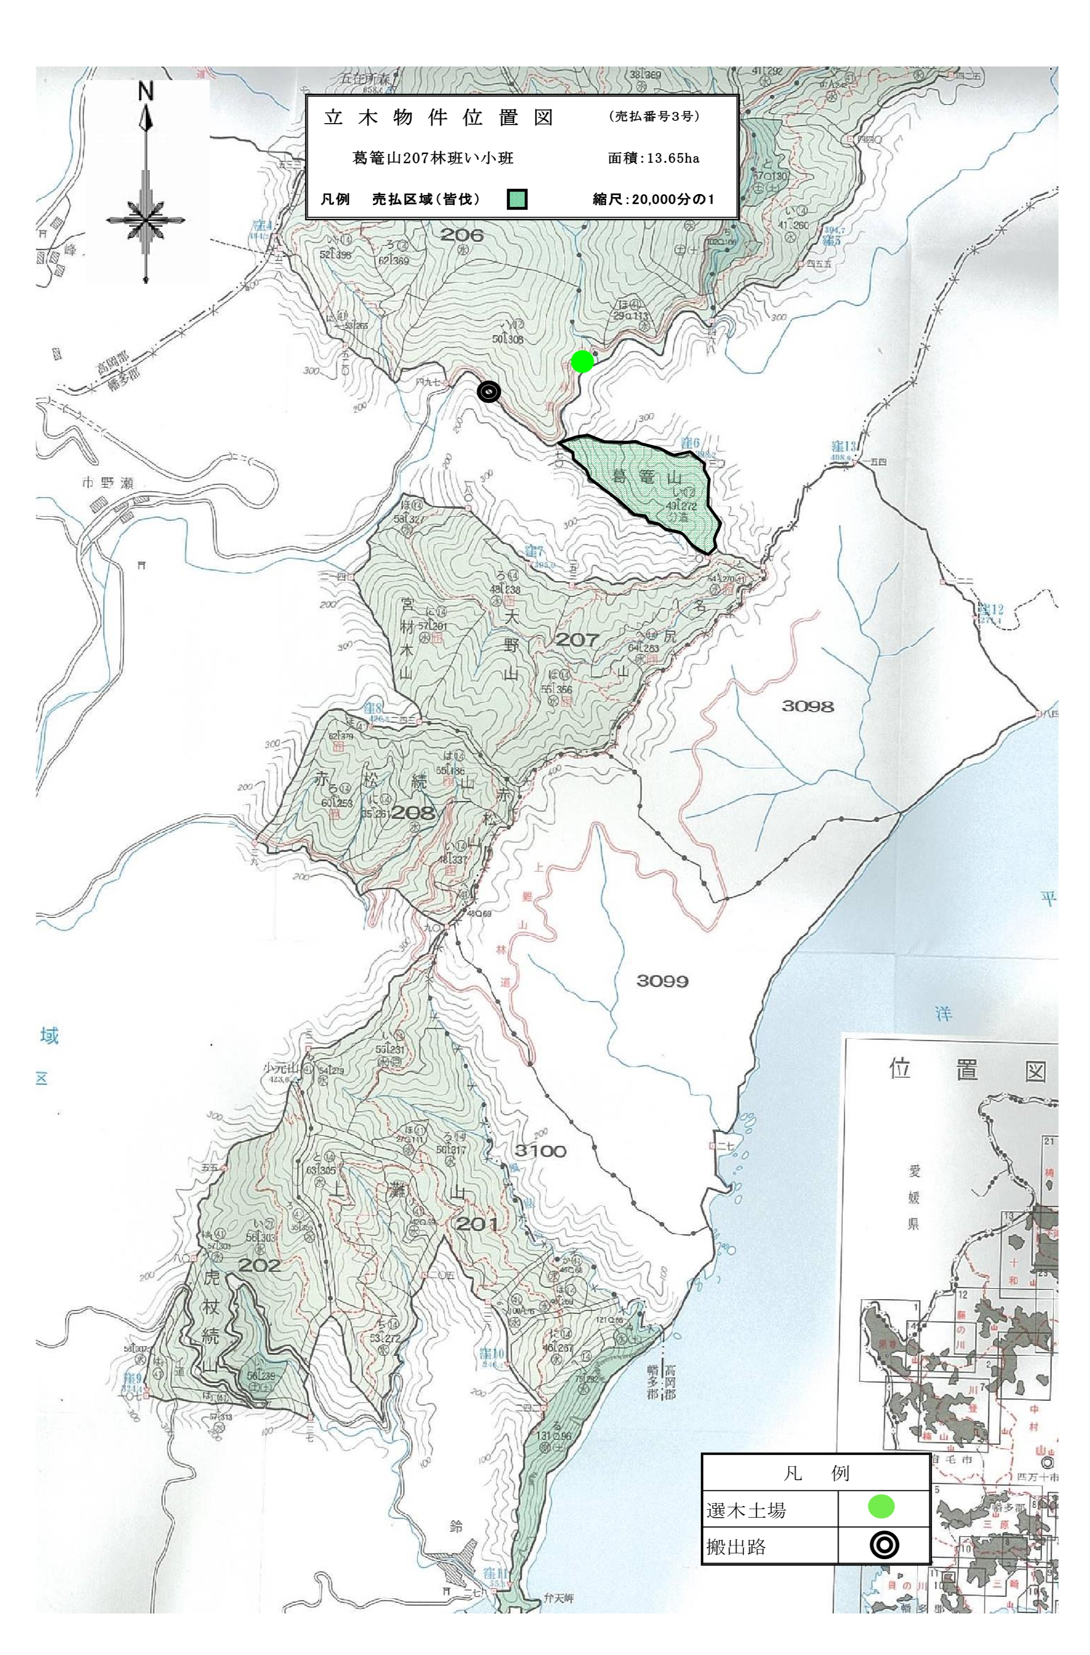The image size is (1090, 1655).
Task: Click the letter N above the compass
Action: click(x=145, y=93)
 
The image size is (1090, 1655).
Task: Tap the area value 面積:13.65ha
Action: click(x=653, y=158)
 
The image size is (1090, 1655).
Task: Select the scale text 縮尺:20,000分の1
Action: click(x=652, y=199)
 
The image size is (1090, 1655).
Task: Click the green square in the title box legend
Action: click(x=516, y=199)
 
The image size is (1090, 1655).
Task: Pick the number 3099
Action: click(x=662, y=981)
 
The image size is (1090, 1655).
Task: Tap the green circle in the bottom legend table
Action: click(x=881, y=1505)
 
